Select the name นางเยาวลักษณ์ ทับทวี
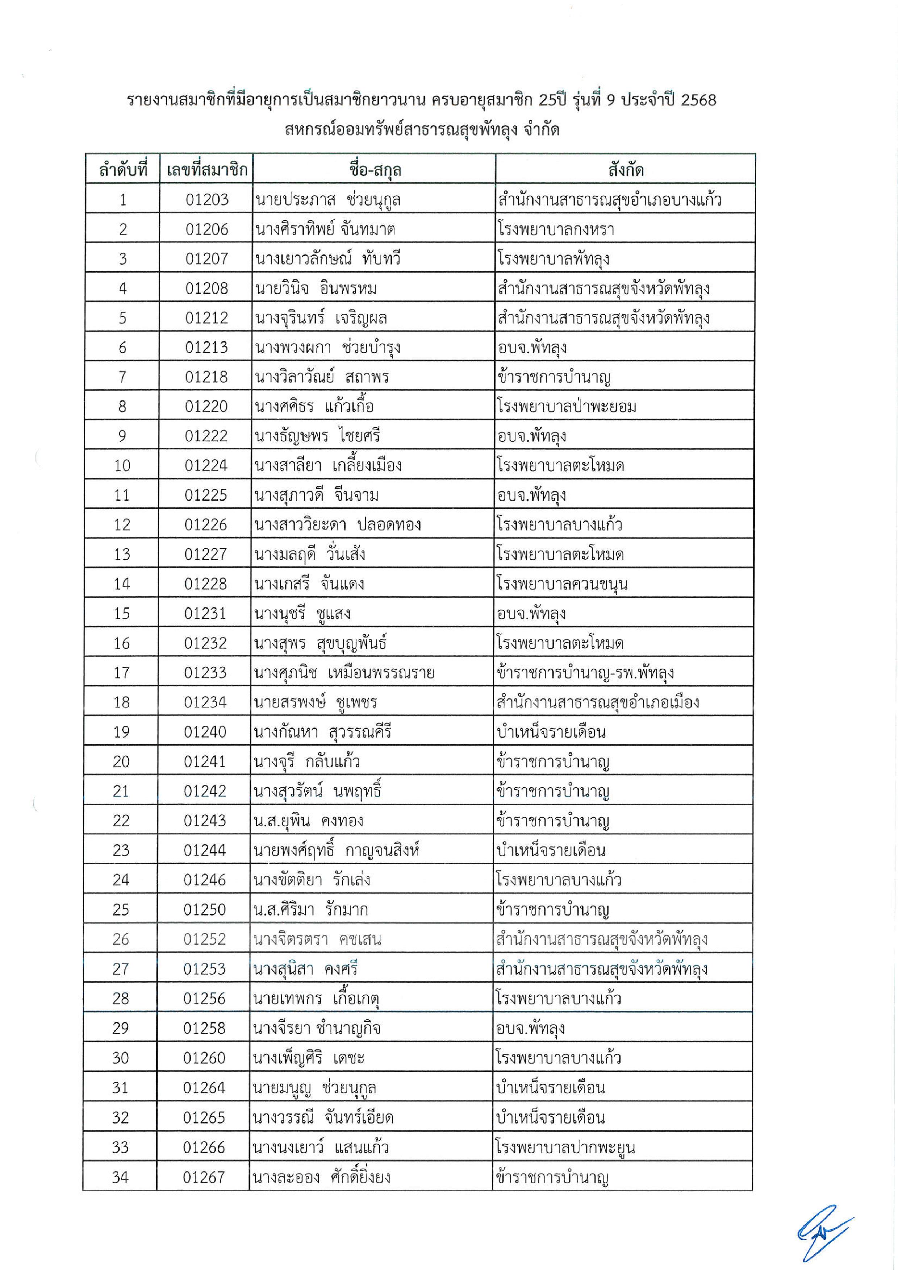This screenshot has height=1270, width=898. click(x=327, y=258)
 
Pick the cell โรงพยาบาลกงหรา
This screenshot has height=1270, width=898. click(x=555, y=229)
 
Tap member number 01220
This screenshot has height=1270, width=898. click(x=206, y=407)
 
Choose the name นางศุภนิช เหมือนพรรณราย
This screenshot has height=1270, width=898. click(x=344, y=673)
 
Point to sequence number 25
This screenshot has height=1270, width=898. click(x=121, y=910)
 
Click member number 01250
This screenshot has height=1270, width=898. click(x=205, y=910)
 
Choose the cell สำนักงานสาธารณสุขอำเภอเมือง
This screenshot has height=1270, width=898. click(x=598, y=702)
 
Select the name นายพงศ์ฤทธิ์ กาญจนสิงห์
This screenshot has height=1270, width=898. click(x=336, y=850)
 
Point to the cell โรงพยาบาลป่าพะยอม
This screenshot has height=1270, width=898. click(x=566, y=407)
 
